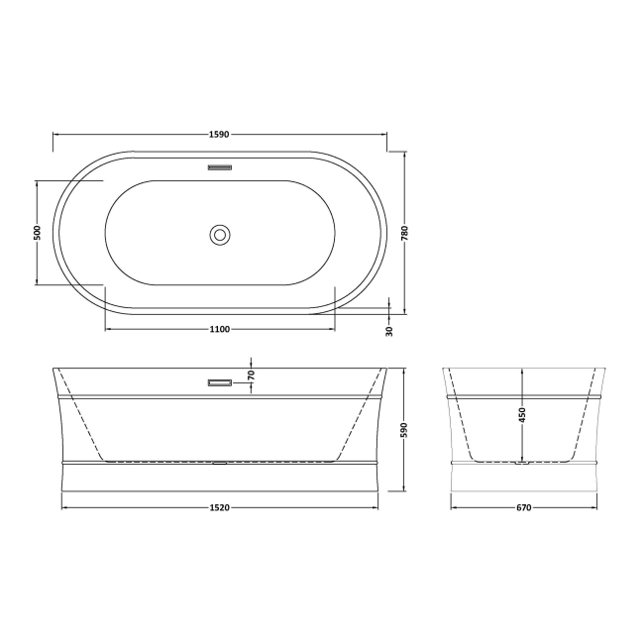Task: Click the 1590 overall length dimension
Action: (219, 134)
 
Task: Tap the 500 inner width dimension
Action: (37, 233)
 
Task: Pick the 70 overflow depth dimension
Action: (252, 376)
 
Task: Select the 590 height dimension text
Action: (404, 429)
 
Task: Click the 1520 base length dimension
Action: (219, 508)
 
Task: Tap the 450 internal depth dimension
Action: (522, 414)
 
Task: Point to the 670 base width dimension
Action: (523, 508)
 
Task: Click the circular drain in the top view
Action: (220, 235)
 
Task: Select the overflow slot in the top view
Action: (219, 167)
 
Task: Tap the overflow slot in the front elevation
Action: (219, 380)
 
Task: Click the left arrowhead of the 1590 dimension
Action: (55, 134)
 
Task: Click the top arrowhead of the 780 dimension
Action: (404, 155)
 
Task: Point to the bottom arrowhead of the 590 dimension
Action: (404, 489)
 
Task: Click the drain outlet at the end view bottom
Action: (522, 461)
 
